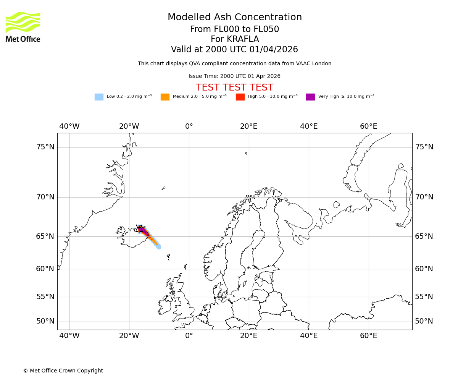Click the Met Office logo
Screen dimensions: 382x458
(x=23, y=27)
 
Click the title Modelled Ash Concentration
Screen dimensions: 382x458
(x=235, y=18)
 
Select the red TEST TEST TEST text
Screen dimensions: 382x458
(x=234, y=87)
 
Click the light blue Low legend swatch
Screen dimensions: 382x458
(x=99, y=97)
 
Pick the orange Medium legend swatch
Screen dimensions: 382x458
(x=165, y=97)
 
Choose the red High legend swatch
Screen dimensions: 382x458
(x=240, y=97)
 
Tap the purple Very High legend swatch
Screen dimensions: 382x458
(x=310, y=97)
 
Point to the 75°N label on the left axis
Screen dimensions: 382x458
(x=45, y=147)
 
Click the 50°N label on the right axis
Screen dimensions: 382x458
(x=424, y=321)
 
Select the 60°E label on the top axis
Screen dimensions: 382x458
(x=368, y=126)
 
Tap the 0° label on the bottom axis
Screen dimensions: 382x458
(x=189, y=336)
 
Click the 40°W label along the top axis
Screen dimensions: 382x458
(x=69, y=126)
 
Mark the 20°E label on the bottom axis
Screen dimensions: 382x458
(x=249, y=336)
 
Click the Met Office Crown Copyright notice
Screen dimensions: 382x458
(x=63, y=371)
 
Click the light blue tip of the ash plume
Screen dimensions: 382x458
(x=158, y=246)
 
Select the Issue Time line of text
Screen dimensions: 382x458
(x=234, y=76)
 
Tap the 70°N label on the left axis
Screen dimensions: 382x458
(x=45, y=197)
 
